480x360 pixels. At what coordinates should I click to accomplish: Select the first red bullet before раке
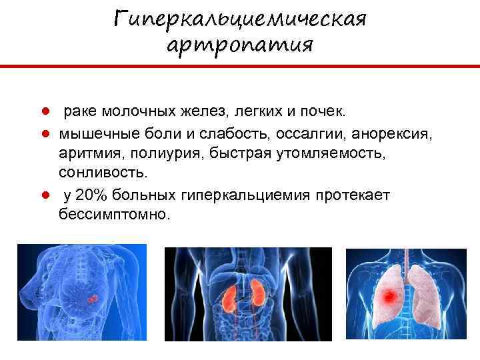click(x=43, y=109)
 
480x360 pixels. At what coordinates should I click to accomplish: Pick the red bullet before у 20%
click(x=43, y=195)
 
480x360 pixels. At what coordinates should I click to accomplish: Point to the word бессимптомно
click(x=114, y=215)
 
